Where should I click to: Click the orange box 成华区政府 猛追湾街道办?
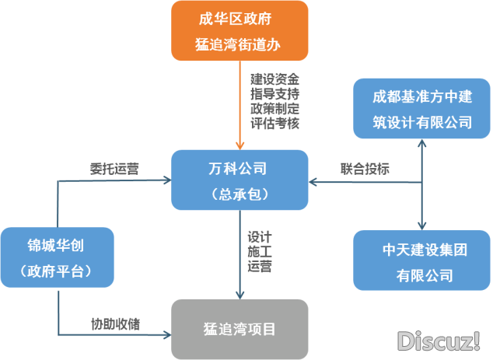[x=240, y=31]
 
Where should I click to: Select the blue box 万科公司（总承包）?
[x=240, y=180]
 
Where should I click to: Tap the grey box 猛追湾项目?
[x=240, y=328]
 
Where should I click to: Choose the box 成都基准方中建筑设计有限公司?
[x=423, y=108]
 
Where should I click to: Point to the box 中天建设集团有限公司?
[x=423, y=262]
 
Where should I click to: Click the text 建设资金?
[x=274, y=79]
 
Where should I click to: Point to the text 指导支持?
[x=274, y=94]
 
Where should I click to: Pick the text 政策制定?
[x=274, y=109]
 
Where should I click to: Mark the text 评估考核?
[x=274, y=124]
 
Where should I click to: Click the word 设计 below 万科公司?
[x=260, y=236]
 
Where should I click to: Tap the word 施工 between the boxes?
[x=260, y=251]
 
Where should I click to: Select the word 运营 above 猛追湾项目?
[x=260, y=267]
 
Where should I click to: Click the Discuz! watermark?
[x=439, y=340]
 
